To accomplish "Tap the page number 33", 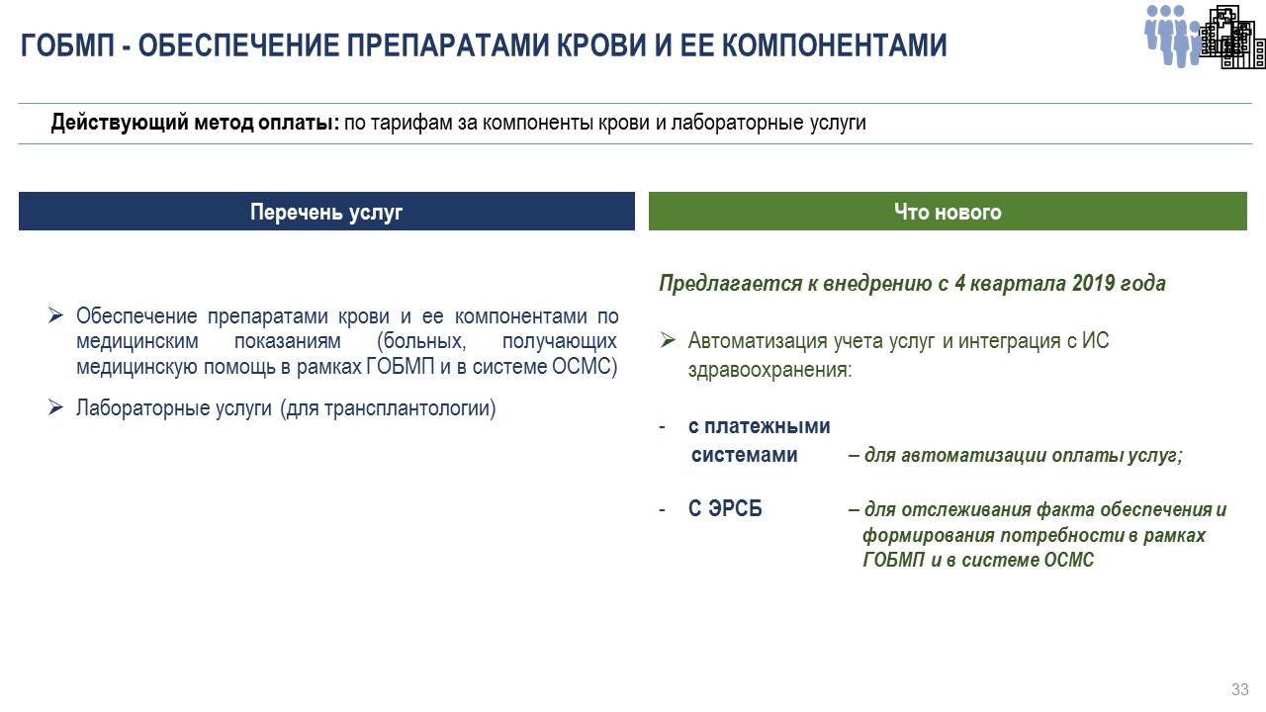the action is [1239, 689].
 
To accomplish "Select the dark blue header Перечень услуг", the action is [326, 212].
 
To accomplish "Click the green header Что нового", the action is [948, 212].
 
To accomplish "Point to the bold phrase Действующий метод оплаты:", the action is [195, 123].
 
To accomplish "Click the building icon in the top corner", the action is [1232, 38].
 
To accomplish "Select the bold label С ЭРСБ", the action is [725, 508].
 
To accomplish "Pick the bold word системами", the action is [745, 455].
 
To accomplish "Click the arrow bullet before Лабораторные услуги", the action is [55, 406].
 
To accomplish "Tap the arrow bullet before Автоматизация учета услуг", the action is [668, 339].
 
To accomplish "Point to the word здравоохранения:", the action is [769, 370].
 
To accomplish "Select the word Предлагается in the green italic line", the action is [730, 284].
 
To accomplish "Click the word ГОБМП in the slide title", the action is [67, 45].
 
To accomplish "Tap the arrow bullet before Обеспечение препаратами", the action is [55, 314].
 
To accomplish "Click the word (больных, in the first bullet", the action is [421, 341].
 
